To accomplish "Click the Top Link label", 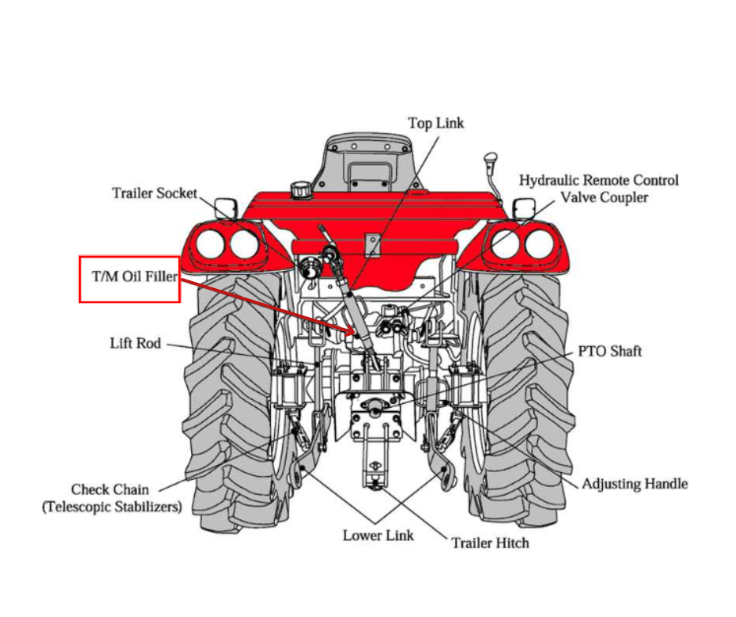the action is [x=436, y=124].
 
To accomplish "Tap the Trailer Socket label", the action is [x=154, y=193].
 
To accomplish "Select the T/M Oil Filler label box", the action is [x=130, y=279].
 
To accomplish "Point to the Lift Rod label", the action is [x=135, y=343].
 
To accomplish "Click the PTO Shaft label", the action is [x=610, y=351].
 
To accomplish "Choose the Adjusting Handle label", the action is [x=634, y=484].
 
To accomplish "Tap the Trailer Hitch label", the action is [x=490, y=543].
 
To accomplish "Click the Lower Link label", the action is [x=378, y=536].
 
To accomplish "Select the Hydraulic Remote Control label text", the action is [x=599, y=180].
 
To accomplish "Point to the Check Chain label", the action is [x=110, y=489].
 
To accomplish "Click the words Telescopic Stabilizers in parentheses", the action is [x=111, y=507].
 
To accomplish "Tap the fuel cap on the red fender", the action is [x=301, y=189].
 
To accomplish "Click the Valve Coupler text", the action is [x=604, y=197].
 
